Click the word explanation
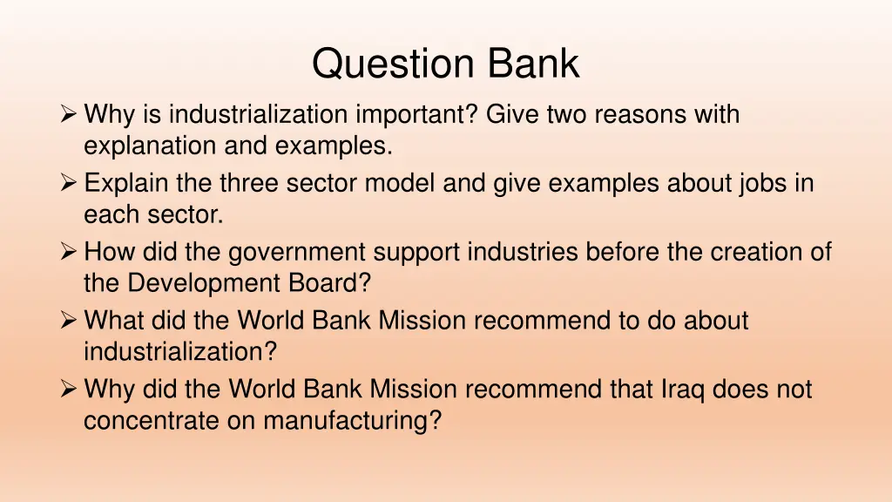coord(151,146)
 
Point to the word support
coord(417,252)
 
